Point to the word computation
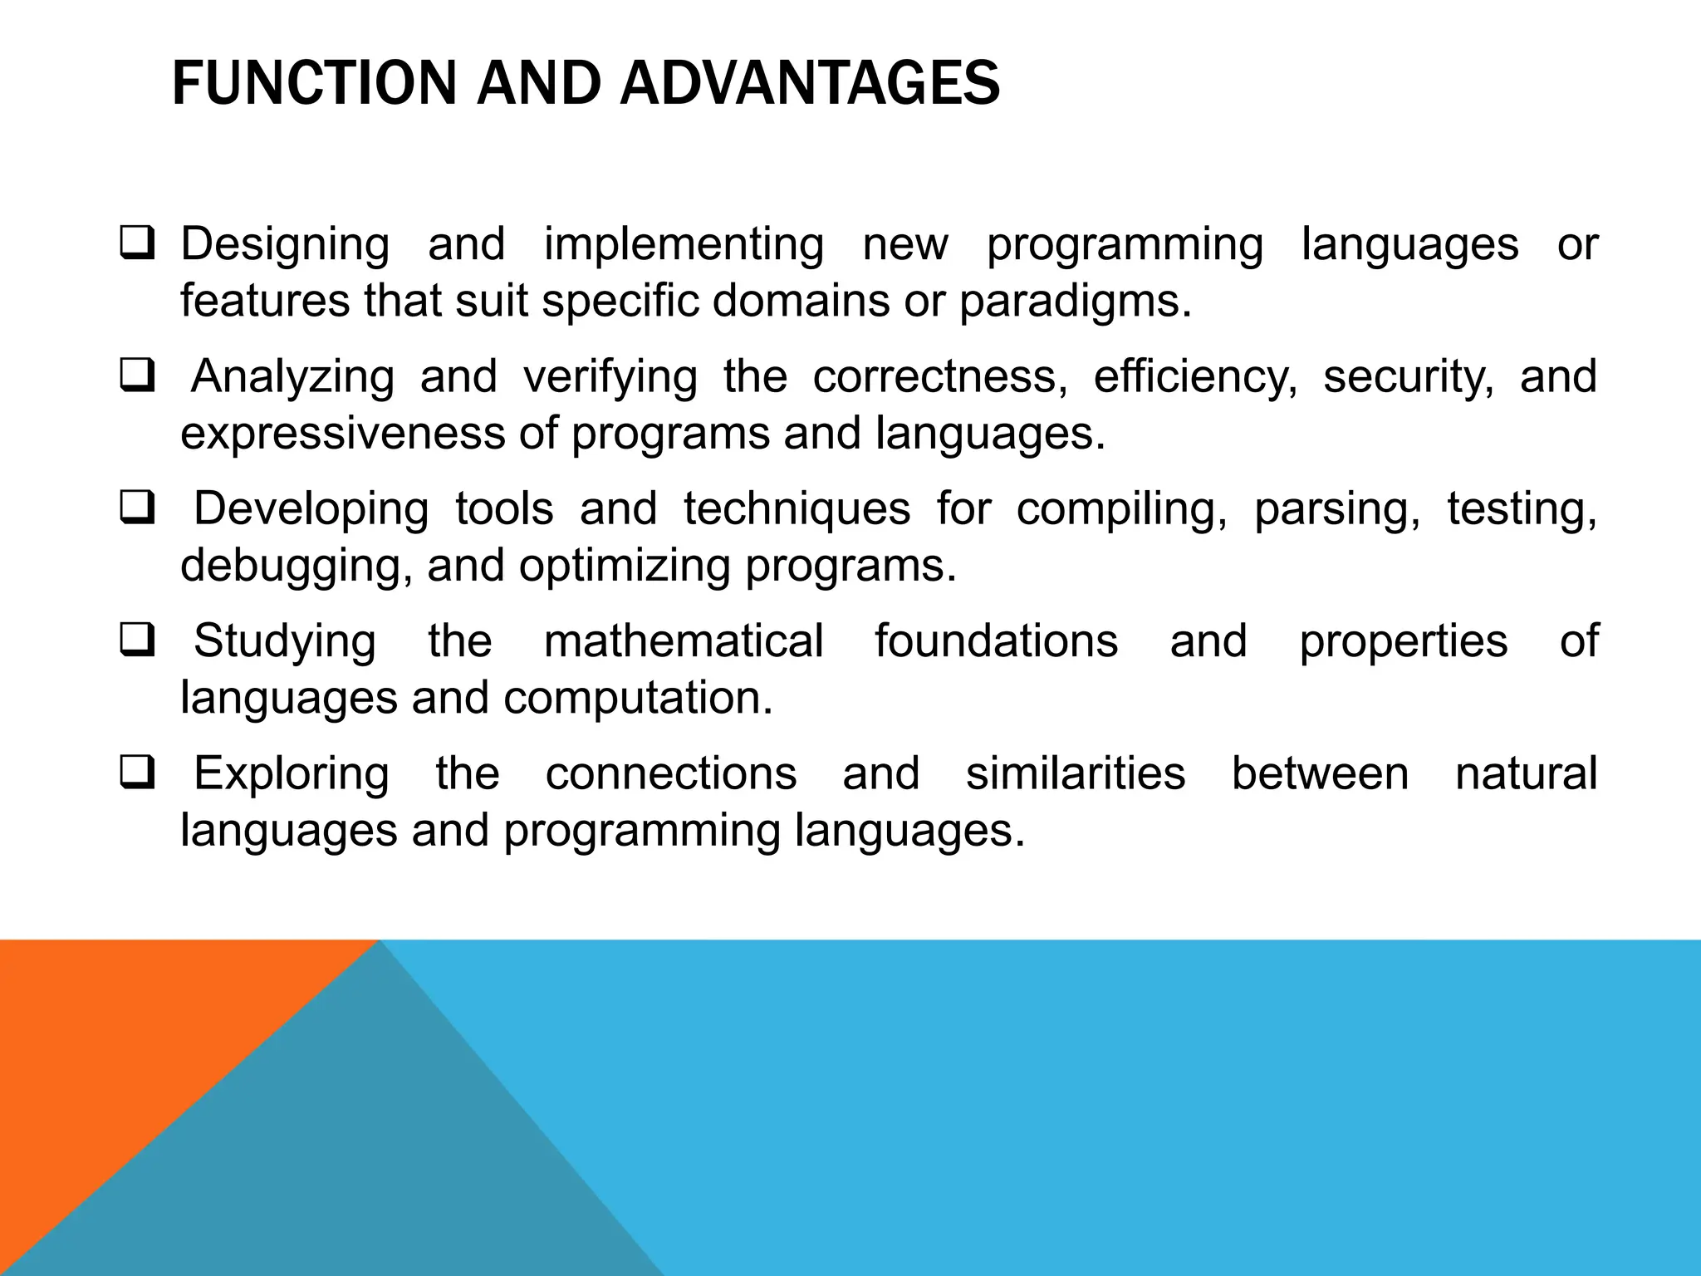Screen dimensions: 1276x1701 pos(638,699)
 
